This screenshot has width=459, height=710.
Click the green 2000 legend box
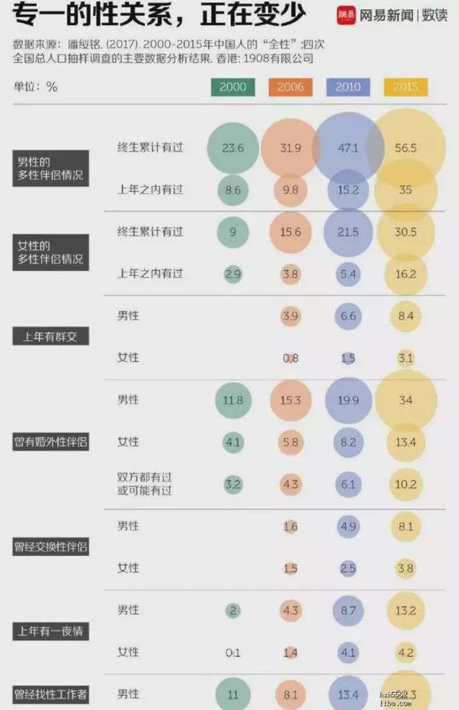(233, 87)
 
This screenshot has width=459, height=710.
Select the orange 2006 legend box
(290, 87)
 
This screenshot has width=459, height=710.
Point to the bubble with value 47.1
(348, 148)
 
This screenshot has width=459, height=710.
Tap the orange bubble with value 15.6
(290, 232)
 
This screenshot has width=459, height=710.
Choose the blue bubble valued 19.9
(348, 400)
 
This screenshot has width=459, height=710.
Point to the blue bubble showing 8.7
(348, 610)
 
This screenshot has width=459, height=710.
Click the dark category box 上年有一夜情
(50, 632)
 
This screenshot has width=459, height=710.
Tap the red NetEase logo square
(345, 14)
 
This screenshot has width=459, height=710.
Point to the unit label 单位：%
(34, 87)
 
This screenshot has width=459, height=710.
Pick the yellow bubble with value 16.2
(407, 274)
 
